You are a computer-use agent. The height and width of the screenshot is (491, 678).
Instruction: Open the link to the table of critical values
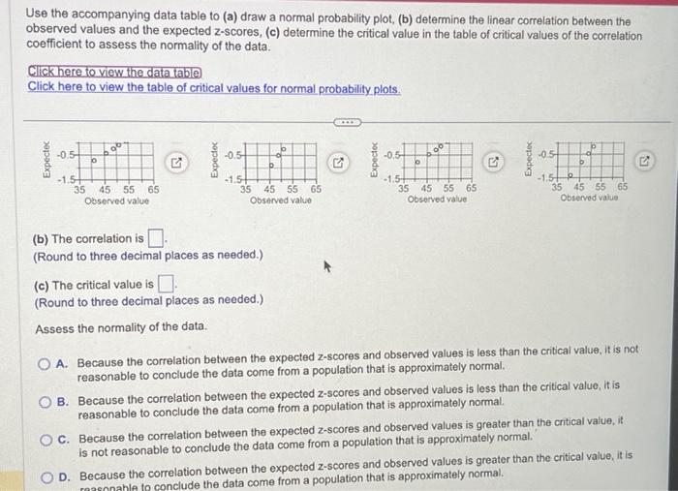(x=213, y=87)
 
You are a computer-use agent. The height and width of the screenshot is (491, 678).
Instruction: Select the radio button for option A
(x=44, y=363)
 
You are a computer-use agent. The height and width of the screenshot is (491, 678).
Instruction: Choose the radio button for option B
(x=44, y=400)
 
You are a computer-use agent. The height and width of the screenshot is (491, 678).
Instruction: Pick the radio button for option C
(x=44, y=438)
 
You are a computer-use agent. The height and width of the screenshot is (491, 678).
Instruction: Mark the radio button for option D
(x=44, y=476)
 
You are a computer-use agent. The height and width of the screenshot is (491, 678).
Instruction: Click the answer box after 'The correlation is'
(x=157, y=238)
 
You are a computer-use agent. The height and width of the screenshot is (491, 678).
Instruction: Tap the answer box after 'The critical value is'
(x=166, y=284)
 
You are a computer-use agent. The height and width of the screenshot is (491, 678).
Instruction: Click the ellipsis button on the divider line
(x=347, y=123)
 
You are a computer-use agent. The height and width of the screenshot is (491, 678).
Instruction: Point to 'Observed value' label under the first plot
(x=116, y=201)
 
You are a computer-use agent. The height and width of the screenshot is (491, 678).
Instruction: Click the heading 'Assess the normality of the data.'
(x=121, y=328)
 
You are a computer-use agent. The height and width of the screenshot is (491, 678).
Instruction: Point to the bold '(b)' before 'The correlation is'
(x=42, y=238)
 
